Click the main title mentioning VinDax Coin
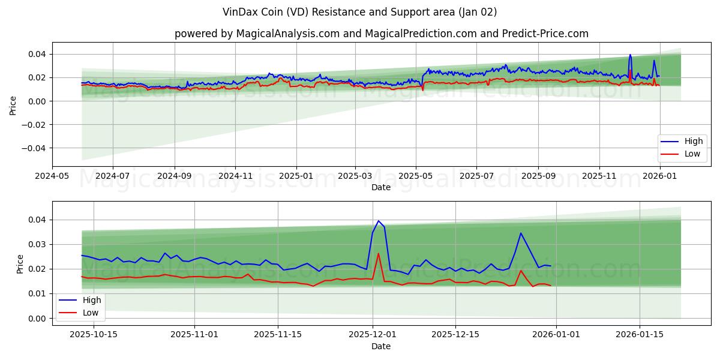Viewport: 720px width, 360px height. [360, 12]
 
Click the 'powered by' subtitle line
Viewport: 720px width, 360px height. [381, 34]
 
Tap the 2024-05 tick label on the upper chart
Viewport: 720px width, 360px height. [52, 176]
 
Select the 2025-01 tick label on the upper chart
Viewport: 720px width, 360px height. [296, 176]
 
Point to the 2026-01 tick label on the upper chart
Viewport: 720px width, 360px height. [660, 176]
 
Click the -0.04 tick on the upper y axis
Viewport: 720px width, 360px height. [35, 148]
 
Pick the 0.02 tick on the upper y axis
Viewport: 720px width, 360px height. [37, 77]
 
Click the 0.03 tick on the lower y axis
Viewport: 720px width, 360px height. [37, 244]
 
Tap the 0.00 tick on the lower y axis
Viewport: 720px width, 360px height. [37, 319]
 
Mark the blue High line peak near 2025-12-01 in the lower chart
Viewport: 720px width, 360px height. [378, 221]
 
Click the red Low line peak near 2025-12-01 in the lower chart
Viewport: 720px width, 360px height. [378, 253]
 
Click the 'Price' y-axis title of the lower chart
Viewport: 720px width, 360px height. [20, 264]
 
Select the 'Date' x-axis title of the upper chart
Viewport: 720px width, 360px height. [381, 187]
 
